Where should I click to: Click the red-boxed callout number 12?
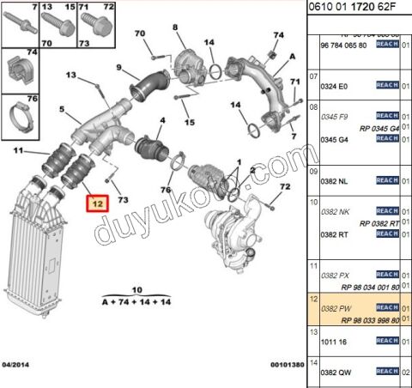point(96,204)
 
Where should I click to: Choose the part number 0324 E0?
point(333,86)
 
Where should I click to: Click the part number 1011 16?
point(333,341)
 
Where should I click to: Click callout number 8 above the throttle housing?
point(176,28)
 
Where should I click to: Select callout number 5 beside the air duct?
point(61,110)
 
